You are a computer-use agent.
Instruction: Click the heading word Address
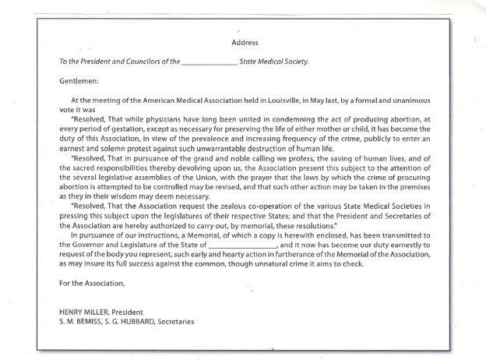[245, 42]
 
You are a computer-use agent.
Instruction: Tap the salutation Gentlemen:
[81, 81]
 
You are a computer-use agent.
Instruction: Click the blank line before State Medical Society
[209, 62]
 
